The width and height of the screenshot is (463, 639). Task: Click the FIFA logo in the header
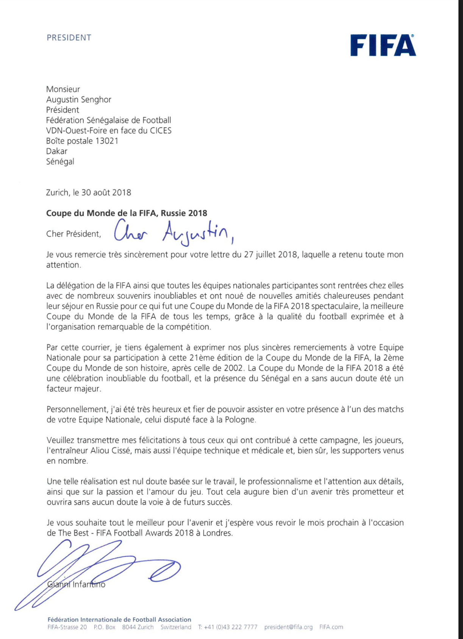(x=383, y=45)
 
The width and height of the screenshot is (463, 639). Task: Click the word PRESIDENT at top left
(x=69, y=38)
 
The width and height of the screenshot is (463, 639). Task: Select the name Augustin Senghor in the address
(x=79, y=100)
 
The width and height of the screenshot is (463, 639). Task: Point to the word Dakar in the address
(x=57, y=151)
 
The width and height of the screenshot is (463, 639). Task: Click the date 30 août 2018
(x=106, y=193)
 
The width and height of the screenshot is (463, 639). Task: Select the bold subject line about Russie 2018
(x=127, y=213)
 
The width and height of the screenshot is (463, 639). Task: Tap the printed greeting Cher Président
(x=74, y=234)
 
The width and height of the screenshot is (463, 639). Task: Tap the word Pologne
(x=240, y=420)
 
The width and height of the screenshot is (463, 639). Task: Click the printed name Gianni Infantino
(x=76, y=584)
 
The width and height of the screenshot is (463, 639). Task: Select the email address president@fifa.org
(x=288, y=627)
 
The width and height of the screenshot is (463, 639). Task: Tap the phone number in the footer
(x=227, y=627)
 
